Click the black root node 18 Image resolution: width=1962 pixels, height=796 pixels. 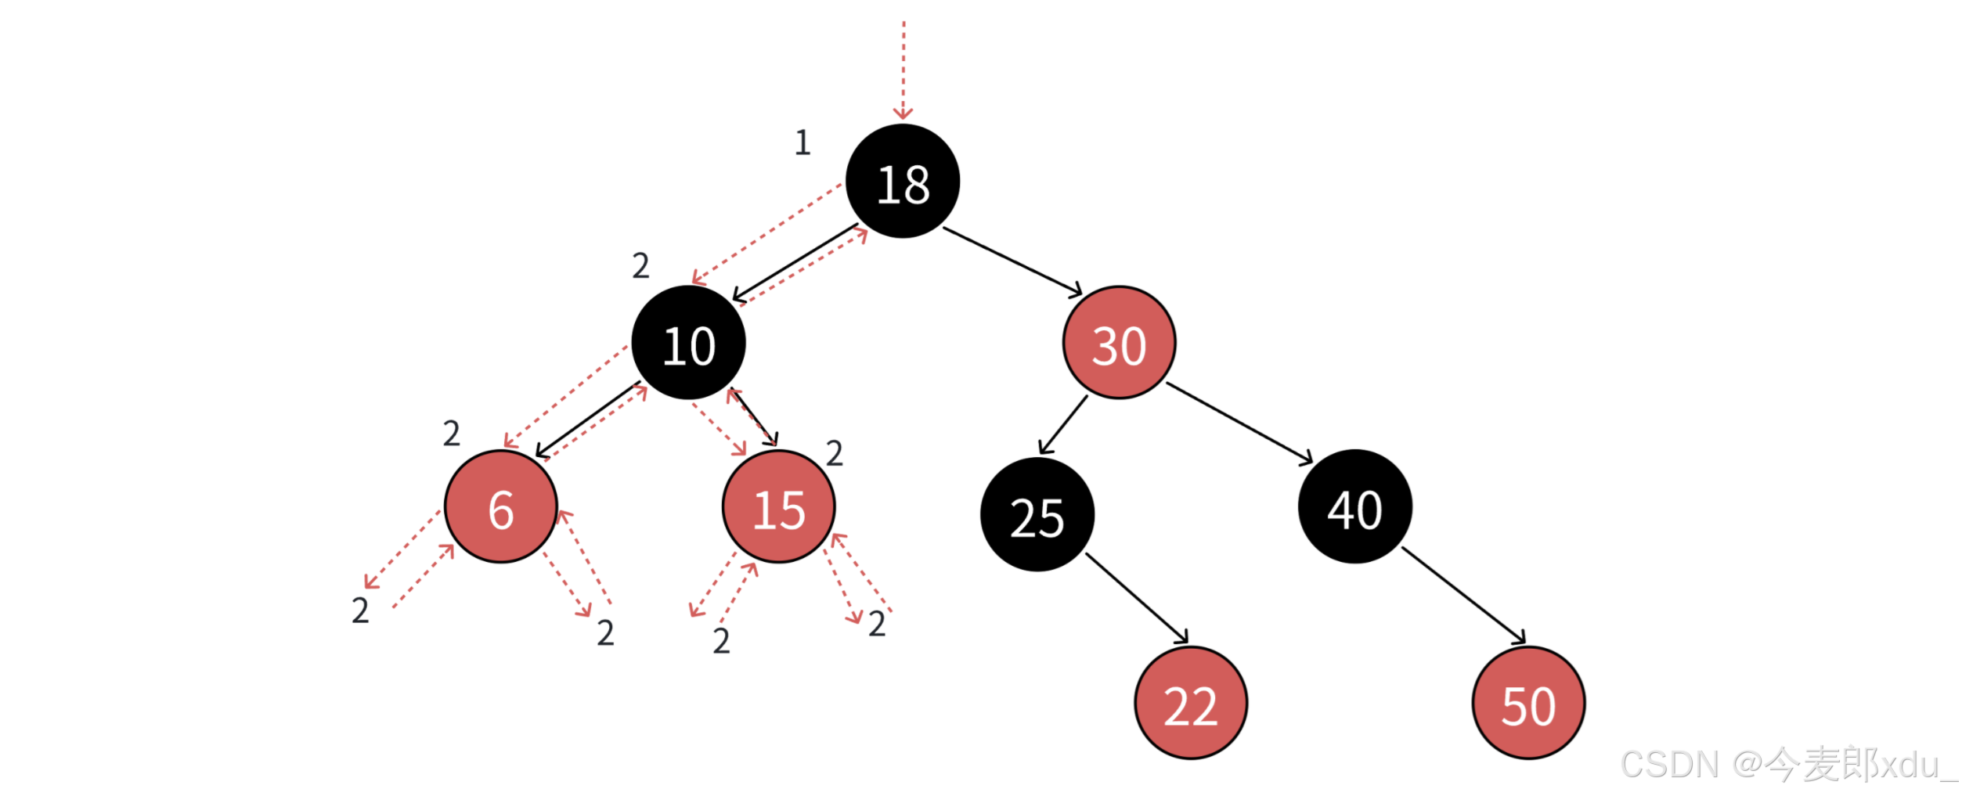(x=902, y=182)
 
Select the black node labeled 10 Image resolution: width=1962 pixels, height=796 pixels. (x=688, y=343)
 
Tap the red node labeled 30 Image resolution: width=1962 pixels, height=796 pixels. (x=1119, y=343)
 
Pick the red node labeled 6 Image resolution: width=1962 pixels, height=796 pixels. (x=500, y=507)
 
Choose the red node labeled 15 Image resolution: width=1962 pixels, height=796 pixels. (x=778, y=507)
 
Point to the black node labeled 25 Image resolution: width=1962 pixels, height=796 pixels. (x=1037, y=515)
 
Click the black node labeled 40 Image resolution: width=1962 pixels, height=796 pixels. (x=1354, y=507)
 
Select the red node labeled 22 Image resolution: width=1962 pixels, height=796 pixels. (x=1190, y=703)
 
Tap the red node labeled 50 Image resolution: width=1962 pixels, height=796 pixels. (x=1527, y=703)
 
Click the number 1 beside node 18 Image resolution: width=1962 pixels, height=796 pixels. (x=802, y=142)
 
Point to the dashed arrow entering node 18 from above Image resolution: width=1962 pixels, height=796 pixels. (x=903, y=70)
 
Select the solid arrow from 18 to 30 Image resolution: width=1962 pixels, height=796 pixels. (x=1012, y=261)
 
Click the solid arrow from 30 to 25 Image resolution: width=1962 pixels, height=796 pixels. (x=1063, y=425)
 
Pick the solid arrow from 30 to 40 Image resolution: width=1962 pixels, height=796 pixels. (x=1239, y=423)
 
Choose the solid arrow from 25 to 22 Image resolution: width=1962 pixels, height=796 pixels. (x=1137, y=599)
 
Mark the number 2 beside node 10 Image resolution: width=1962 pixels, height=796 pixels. (x=640, y=266)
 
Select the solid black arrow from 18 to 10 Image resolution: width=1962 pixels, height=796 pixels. (x=794, y=263)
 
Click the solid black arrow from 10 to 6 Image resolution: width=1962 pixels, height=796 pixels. (x=587, y=420)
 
